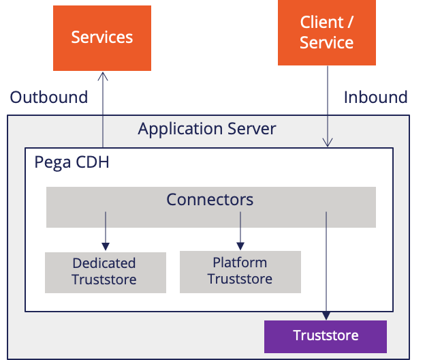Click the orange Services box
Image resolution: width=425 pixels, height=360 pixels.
(x=102, y=38)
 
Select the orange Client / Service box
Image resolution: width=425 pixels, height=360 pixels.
(x=327, y=32)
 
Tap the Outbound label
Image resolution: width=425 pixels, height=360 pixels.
(x=49, y=97)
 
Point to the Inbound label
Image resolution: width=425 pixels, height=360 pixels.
(x=376, y=97)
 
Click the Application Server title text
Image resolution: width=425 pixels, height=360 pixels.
(x=207, y=129)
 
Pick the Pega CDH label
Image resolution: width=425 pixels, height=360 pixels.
(x=72, y=162)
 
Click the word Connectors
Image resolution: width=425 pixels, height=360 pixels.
(x=210, y=200)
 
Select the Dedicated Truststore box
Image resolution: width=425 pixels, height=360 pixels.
(x=106, y=272)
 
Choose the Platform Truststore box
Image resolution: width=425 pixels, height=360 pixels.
(x=240, y=272)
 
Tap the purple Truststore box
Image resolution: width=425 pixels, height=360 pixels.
(x=326, y=337)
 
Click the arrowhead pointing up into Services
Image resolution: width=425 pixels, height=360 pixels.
(x=103, y=76)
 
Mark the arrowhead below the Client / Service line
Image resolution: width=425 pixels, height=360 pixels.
(x=328, y=142)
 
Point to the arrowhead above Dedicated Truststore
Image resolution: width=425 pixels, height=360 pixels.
(x=106, y=247)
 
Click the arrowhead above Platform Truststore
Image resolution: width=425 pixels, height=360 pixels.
(x=240, y=246)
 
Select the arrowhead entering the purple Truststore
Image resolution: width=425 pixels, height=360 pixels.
(x=326, y=316)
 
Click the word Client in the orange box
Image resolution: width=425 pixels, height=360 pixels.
(x=321, y=22)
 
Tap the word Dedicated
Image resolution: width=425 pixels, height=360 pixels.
(x=104, y=263)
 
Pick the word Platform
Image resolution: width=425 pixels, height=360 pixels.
(x=240, y=262)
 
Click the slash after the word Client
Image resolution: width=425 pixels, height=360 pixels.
(x=350, y=22)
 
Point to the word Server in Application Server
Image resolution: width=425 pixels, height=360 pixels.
(x=252, y=129)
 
